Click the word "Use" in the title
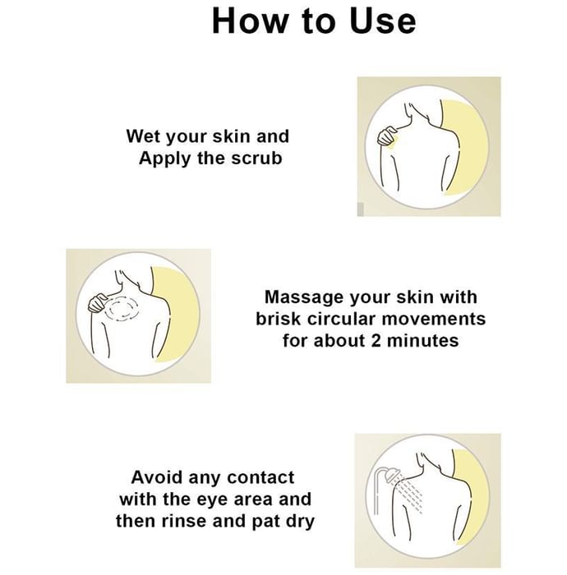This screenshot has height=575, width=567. (383, 21)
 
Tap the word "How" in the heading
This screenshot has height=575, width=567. (250, 21)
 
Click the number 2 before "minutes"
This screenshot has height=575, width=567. (376, 341)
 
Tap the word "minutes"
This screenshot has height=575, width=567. (423, 341)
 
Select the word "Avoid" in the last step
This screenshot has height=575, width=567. (157, 477)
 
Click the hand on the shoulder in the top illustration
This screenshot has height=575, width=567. (387, 137)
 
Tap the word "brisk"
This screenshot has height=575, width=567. (279, 319)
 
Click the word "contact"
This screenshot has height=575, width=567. (260, 477)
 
